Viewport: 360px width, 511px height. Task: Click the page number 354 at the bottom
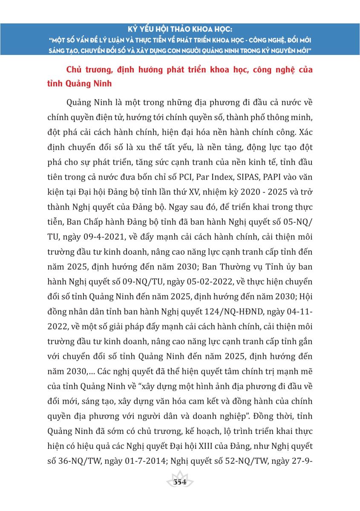[x=180, y=482]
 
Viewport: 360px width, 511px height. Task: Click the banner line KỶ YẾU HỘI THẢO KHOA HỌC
[x=180, y=30]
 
